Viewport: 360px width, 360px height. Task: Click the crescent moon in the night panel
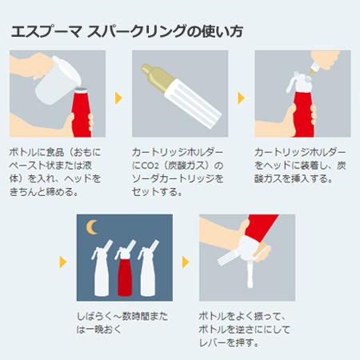click(x=90, y=227)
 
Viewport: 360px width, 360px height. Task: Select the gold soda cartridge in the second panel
click(x=155, y=78)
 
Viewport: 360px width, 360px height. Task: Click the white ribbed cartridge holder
click(x=193, y=102)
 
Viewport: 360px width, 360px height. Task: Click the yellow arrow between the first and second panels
click(x=118, y=98)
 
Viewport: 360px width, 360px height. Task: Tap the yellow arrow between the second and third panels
click(x=241, y=98)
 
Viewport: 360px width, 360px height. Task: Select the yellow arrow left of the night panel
click(x=63, y=262)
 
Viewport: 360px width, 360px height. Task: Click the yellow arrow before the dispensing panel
click(x=186, y=262)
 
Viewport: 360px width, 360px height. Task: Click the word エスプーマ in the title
click(x=46, y=32)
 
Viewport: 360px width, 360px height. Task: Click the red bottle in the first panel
click(x=81, y=113)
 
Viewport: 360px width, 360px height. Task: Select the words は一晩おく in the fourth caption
click(x=99, y=330)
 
